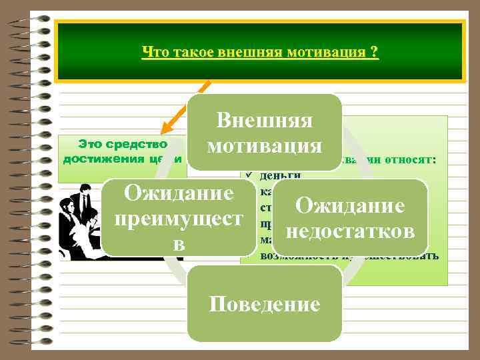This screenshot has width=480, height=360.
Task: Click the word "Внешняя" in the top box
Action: click(265, 121)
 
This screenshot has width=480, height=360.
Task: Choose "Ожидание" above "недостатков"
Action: click(351, 205)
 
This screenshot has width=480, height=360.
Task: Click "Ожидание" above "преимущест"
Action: click(177, 194)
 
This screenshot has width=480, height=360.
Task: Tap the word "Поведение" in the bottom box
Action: click(265, 305)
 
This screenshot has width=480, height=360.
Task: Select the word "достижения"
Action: click(97, 159)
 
